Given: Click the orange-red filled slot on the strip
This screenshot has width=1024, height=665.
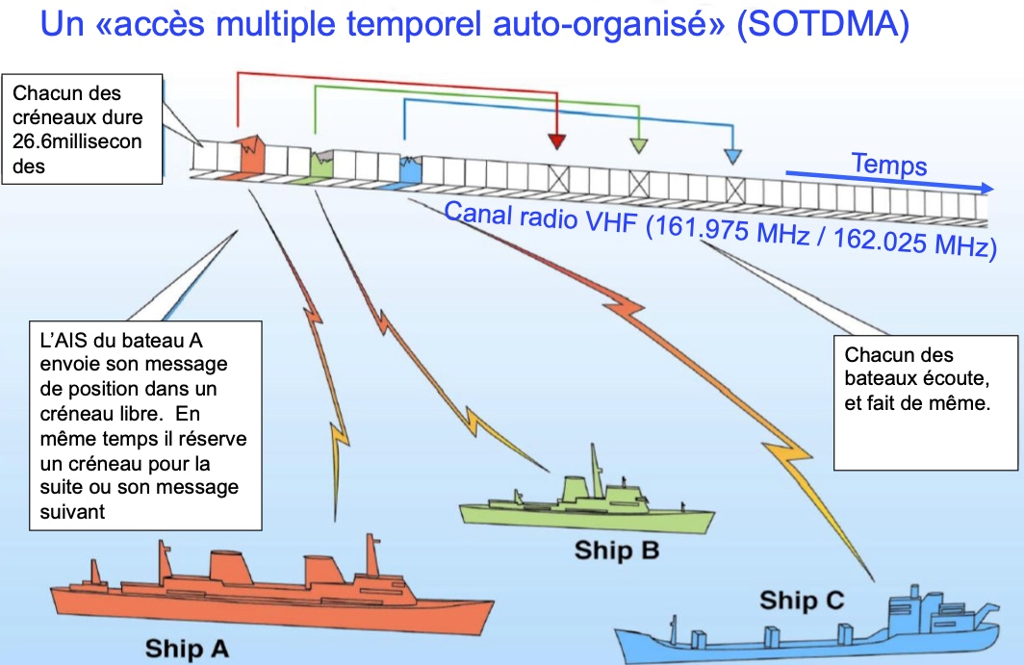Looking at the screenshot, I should point(251,155).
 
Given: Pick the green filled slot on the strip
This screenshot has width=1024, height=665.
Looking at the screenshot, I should point(321,162).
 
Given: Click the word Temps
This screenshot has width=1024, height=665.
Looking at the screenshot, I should point(888,165).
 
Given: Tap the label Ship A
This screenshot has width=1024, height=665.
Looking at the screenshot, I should point(187,649).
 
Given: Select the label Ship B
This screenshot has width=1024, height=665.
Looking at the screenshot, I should point(616,550).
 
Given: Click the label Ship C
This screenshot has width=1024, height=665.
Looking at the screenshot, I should point(802,601).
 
